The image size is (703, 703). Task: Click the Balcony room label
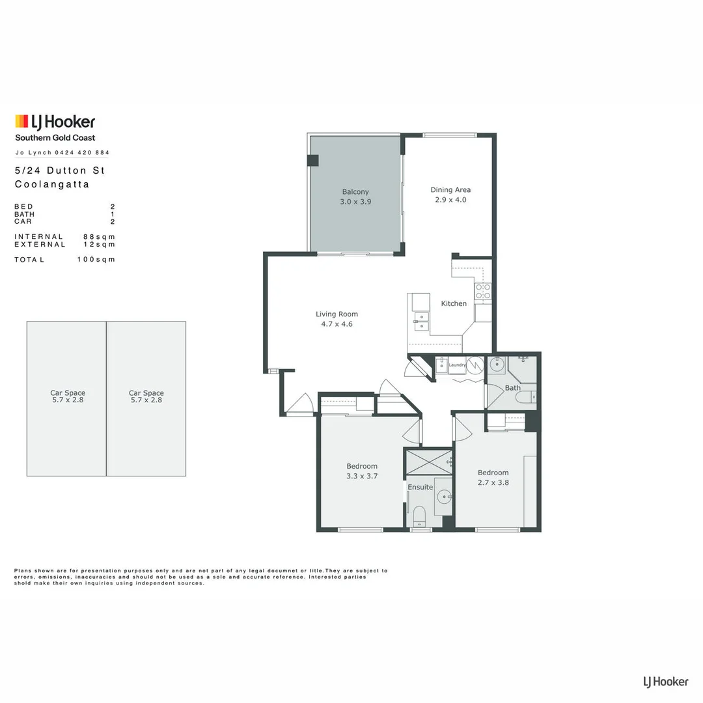(355, 192)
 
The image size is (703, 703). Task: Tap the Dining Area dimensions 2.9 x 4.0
(450, 200)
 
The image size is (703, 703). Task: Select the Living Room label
(337, 314)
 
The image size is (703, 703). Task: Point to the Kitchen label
(454, 303)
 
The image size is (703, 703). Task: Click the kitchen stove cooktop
(482, 291)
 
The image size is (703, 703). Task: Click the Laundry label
(457, 365)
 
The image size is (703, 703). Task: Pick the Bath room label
(513, 388)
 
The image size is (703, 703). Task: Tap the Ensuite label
(420, 487)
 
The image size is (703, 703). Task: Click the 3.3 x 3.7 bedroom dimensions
(362, 476)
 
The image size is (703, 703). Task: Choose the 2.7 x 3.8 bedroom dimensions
(493, 482)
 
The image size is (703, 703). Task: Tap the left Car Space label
(68, 393)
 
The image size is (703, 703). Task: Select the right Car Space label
(146, 393)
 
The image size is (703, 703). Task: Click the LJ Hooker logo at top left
(55, 122)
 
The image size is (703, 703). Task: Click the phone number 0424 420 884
(82, 153)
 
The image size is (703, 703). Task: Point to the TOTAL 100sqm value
(96, 260)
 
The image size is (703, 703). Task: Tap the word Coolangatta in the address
(52, 184)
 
